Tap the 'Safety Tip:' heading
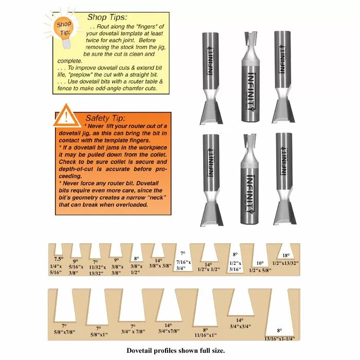tap(105, 118)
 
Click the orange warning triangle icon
tap(66, 115)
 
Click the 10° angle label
tap(260, 263)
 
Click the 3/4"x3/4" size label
tap(239, 326)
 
